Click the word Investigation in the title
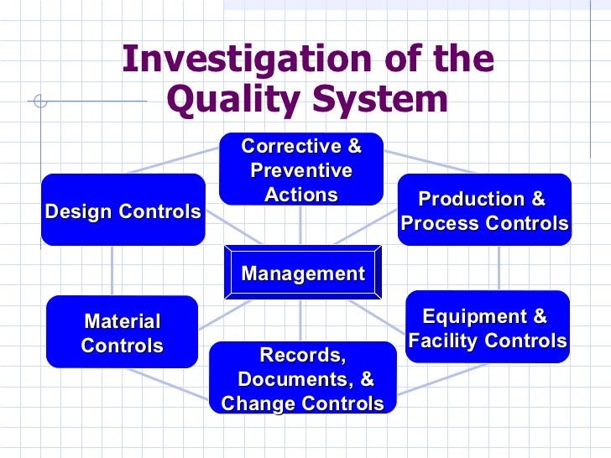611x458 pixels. pos(233,60)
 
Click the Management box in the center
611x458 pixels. pos(302,273)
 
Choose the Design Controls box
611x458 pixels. pos(123,211)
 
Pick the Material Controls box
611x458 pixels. pos(122,332)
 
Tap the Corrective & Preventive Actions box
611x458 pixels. pos(301,169)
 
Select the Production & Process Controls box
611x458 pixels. pos(484,211)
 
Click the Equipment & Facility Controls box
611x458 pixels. pos(487,328)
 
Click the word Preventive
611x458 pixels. pos(301,171)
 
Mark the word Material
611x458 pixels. pos(122,321)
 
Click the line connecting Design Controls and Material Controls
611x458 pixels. pos(112,270)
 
